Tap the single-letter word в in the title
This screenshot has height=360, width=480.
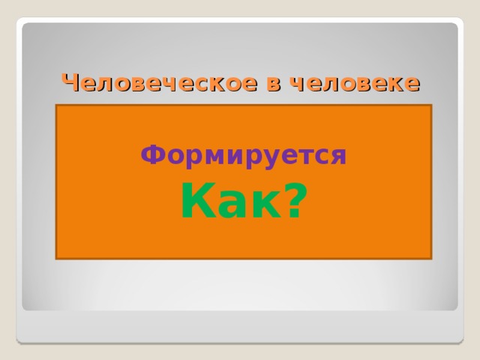(x=274, y=83)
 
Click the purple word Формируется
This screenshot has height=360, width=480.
(x=244, y=155)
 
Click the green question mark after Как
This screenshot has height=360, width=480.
(x=295, y=201)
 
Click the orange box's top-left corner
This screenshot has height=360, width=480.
(x=56, y=105)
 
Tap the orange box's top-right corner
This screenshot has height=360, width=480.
(x=431, y=105)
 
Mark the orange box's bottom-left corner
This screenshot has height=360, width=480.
(x=56, y=259)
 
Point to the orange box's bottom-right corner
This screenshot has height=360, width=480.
(x=431, y=259)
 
